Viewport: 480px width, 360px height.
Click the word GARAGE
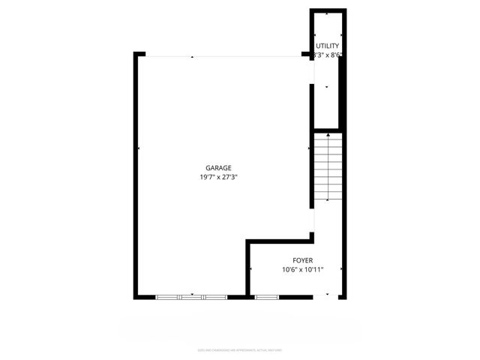pos(219,168)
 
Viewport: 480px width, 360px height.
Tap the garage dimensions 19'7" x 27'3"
pos(219,178)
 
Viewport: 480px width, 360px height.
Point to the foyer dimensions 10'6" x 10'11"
pos(302,270)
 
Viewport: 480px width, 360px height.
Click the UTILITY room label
pos(328,46)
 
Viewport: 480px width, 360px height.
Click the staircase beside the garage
pos(328,166)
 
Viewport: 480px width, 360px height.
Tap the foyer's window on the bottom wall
pos(266,298)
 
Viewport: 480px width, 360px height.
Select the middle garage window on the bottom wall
pos(191,298)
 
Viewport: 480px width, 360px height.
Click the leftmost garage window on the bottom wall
pos(167,298)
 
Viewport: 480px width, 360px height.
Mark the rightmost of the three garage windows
pos(215,298)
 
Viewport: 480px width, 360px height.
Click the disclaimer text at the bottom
pos(239,349)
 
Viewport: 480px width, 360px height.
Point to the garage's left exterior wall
pos(136,176)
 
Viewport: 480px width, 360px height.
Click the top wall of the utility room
pos(328,10)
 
